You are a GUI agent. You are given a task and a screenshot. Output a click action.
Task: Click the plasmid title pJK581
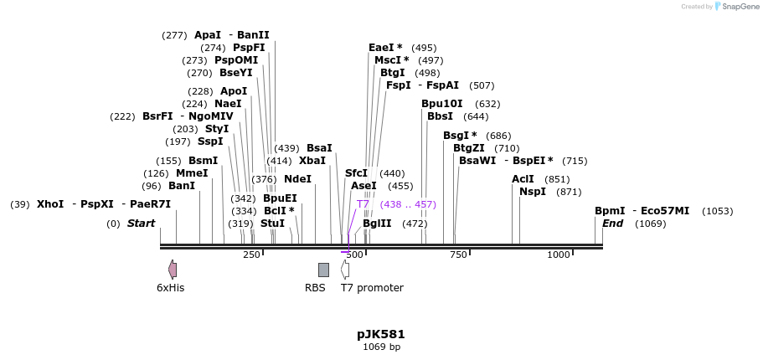coord(381,334)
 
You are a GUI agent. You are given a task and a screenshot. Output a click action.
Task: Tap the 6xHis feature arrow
coord(173,270)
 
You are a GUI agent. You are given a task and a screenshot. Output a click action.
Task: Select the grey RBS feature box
coord(323,270)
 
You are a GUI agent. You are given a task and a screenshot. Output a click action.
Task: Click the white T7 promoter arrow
coord(345,270)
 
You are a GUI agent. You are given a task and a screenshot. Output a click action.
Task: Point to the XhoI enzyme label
coord(50,204)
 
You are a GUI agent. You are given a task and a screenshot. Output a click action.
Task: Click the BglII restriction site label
coord(377,224)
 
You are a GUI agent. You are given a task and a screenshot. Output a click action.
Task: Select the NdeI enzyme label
coord(297,179)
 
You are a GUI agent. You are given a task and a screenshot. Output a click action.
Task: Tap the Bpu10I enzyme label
coord(441,104)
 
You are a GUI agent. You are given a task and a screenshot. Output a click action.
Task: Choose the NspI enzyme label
coord(533,192)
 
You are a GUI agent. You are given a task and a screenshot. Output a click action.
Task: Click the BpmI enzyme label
coord(610,211)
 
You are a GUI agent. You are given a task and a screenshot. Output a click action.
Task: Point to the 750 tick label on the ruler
coord(458,255)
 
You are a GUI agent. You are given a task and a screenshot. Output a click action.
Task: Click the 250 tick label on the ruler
coord(251,255)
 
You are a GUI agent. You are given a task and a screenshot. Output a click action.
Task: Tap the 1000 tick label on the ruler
coord(558,255)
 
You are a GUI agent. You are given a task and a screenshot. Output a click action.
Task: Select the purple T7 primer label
coord(363,204)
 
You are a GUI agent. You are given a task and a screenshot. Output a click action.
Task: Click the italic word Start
coord(141,224)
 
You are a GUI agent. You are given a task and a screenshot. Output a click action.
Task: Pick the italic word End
coord(613,224)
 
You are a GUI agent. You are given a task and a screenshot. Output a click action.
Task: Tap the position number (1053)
coord(717,212)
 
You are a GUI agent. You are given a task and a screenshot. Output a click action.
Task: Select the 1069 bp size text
coord(381,347)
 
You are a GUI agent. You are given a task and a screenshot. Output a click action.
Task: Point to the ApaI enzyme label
coord(208,35)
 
